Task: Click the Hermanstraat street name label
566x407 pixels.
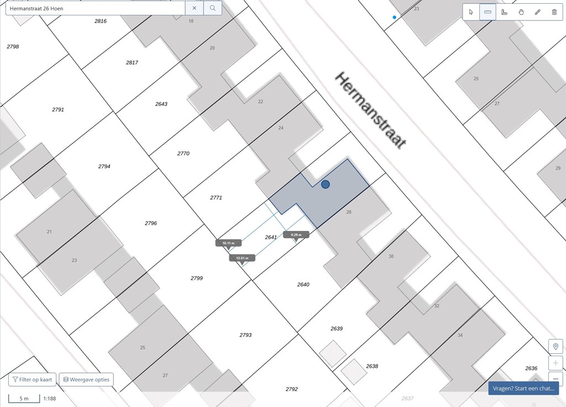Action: [371, 110]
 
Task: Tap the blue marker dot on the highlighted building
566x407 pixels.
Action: [326, 184]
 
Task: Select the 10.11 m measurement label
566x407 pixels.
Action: [228, 243]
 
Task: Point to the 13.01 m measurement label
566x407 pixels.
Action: [242, 258]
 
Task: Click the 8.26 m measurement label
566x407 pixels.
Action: [296, 235]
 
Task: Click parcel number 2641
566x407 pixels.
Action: [271, 237]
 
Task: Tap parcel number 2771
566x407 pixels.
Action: [216, 197]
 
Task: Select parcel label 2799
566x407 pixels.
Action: [197, 278]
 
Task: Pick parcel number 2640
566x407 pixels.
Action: [303, 284]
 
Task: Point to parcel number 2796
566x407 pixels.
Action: [151, 223]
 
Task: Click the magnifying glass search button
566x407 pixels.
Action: [213, 8]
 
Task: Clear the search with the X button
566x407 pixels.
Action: [194, 8]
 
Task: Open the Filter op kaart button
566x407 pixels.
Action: [32, 379]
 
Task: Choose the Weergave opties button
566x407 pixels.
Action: [86, 379]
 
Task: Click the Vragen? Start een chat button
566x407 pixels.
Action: [523, 388]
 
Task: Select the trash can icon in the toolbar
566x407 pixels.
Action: [554, 12]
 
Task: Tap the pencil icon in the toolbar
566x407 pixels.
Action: [538, 12]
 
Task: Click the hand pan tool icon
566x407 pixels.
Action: [521, 12]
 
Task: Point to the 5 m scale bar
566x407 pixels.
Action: [24, 398]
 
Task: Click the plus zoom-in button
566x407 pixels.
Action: [555, 363]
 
